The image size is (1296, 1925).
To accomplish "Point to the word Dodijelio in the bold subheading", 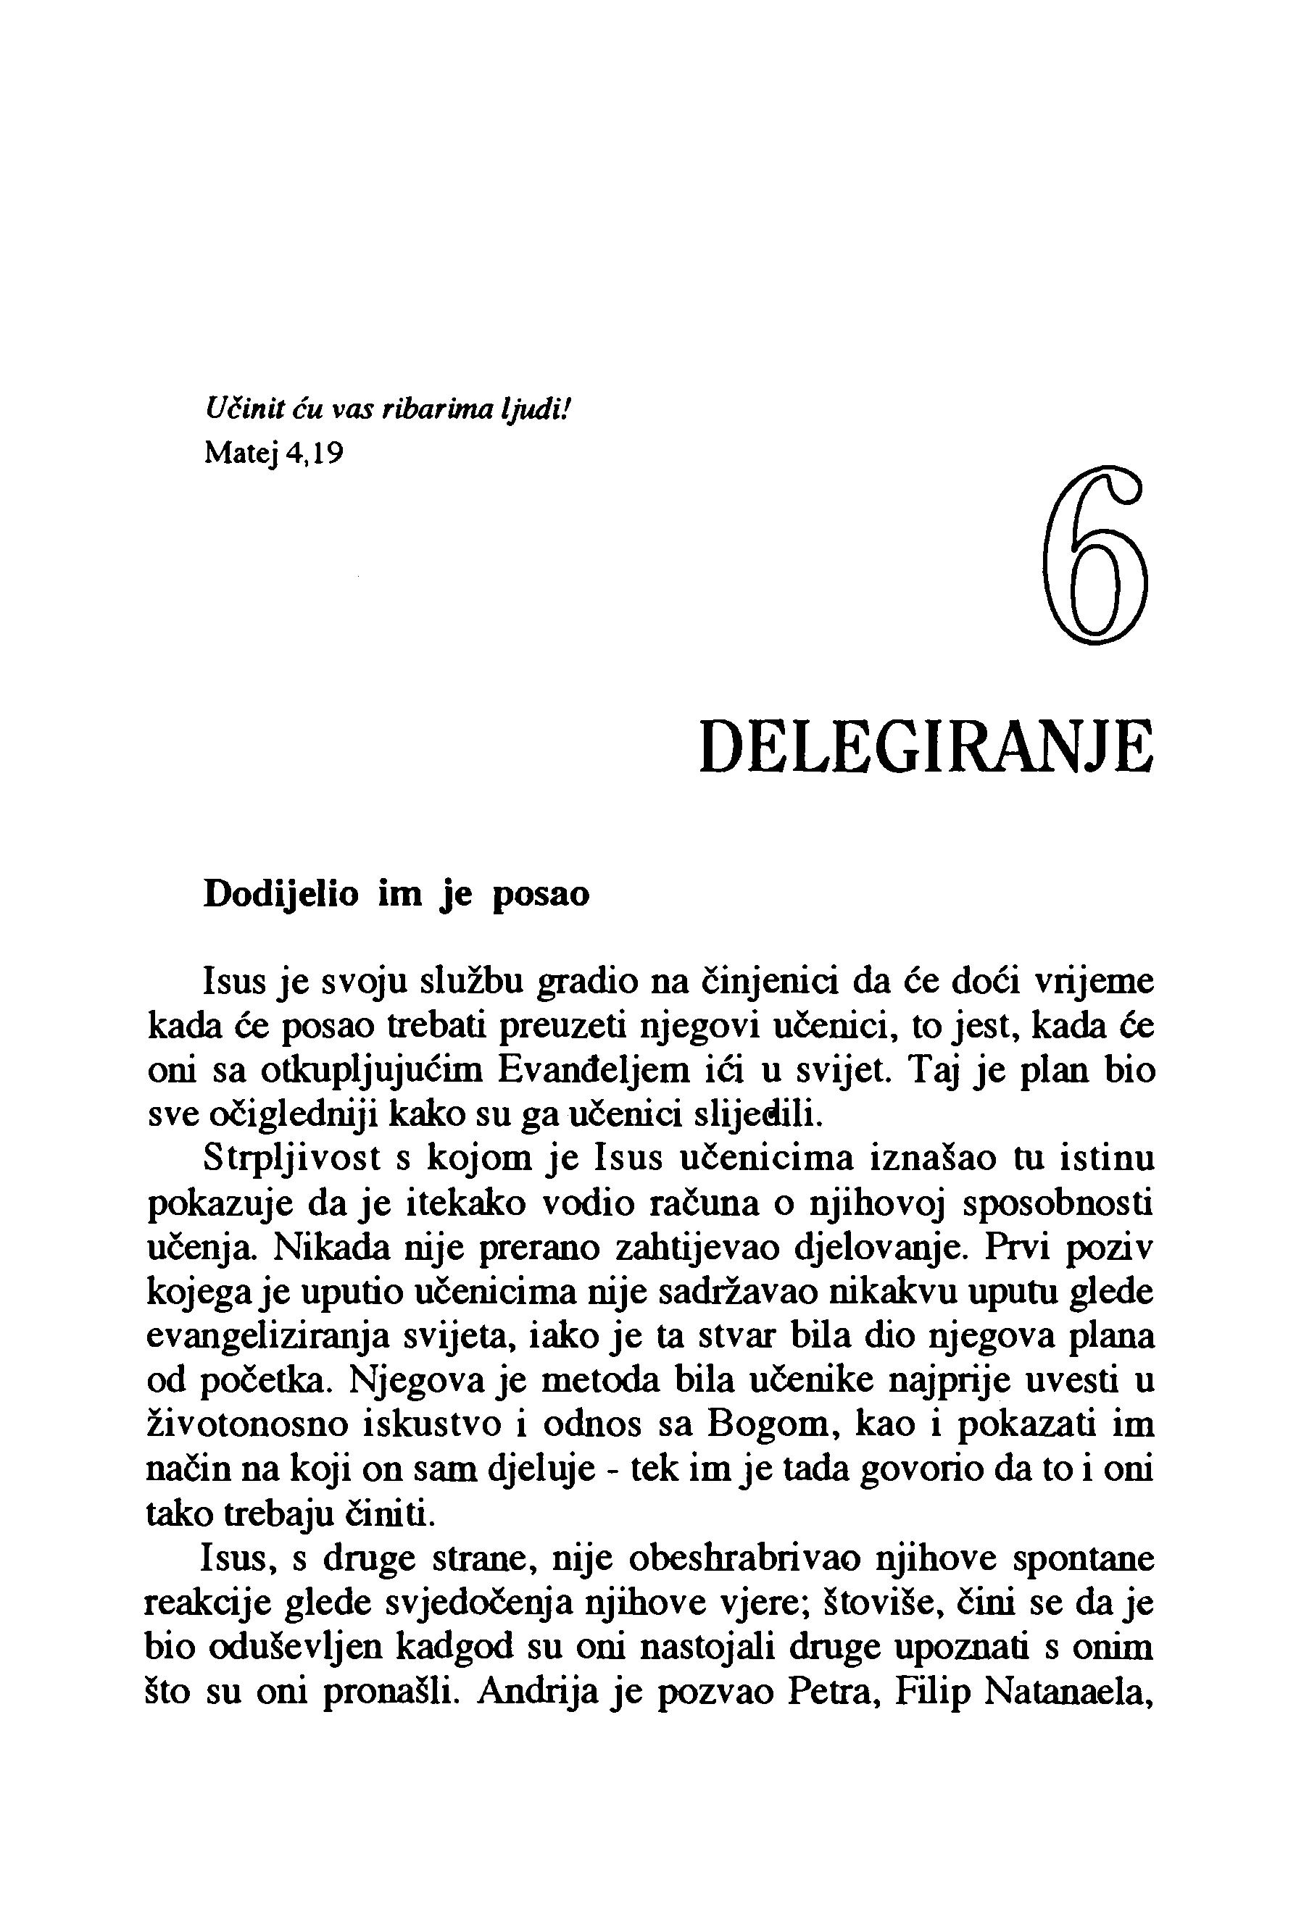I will (281, 895).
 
